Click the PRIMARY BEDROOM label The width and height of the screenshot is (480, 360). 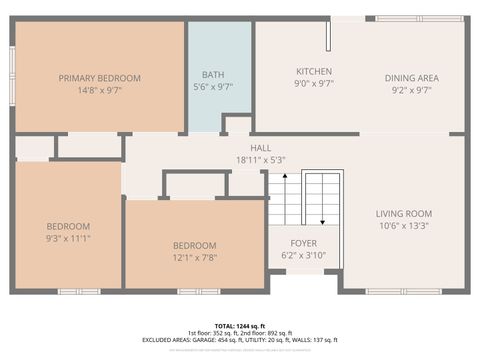click(99, 78)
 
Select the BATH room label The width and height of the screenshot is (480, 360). click(212, 74)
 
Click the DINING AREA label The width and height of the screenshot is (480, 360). click(412, 78)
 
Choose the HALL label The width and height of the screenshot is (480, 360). click(260, 148)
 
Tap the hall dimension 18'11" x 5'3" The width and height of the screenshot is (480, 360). click(260, 159)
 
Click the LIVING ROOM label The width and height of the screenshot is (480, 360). click(403, 214)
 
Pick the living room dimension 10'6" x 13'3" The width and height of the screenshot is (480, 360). click(403, 225)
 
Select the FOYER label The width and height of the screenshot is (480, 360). click(304, 243)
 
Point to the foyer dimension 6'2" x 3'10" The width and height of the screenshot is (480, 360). click(304, 254)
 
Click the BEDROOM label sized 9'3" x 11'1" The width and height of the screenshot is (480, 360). click(68, 226)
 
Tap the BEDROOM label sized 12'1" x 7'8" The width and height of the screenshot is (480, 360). click(194, 246)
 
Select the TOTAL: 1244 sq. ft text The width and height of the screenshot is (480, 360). click(240, 326)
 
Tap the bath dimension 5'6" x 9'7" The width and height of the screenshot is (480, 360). click(212, 86)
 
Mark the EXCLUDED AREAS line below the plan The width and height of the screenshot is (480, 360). click(240, 339)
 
